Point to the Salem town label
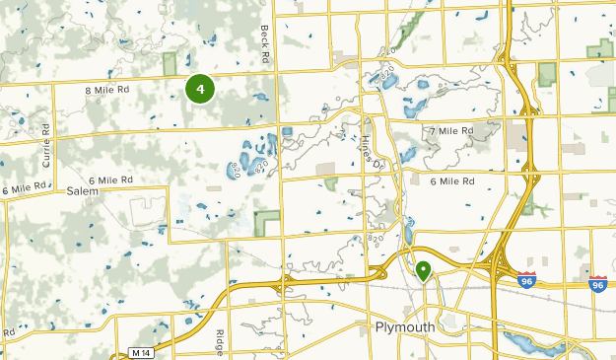click(x=84, y=194)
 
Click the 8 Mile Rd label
click(x=107, y=91)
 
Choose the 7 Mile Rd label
click(x=453, y=130)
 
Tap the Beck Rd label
click(x=264, y=44)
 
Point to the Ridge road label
click(x=221, y=340)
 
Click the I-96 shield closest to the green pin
click(x=527, y=280)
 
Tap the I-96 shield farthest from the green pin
click(x=598, y=283)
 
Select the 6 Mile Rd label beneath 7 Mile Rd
click(x=453, y=181)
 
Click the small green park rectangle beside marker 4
click(x=170, y=64)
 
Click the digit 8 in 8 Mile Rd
click(x=90, y=91)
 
